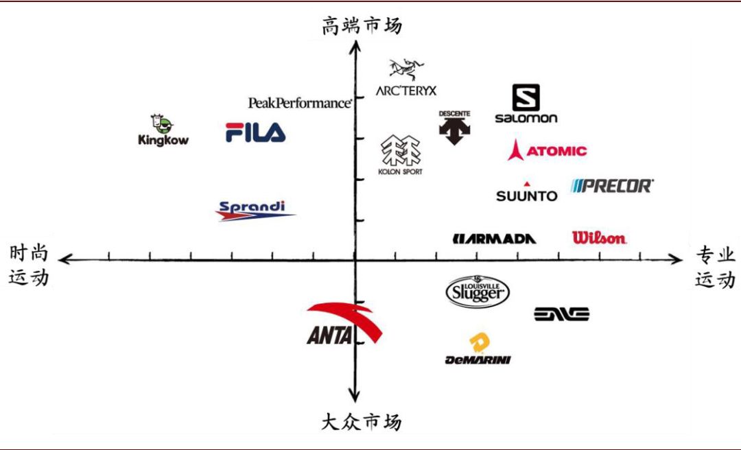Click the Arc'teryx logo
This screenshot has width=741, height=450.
point(405,78)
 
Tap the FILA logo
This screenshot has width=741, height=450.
point(255,132)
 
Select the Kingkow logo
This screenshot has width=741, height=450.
point(163,130)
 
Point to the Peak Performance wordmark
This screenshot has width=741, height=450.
point(300,102)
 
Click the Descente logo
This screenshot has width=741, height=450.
point(454,127)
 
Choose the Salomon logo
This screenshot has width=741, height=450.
point(526,104)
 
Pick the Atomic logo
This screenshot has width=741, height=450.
point(548,150)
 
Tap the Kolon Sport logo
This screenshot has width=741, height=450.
point(401,156)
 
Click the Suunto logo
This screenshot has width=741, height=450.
point(527,193)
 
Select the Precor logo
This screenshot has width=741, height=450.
point(612,185)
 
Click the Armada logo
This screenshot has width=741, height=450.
point(494,238)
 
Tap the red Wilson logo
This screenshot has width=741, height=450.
point(599,238)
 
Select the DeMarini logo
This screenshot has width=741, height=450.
point(478,350)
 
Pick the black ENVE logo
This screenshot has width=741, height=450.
point(561,314)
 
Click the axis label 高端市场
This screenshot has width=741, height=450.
point(362,26)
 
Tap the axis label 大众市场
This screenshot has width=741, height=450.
point(361,421)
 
